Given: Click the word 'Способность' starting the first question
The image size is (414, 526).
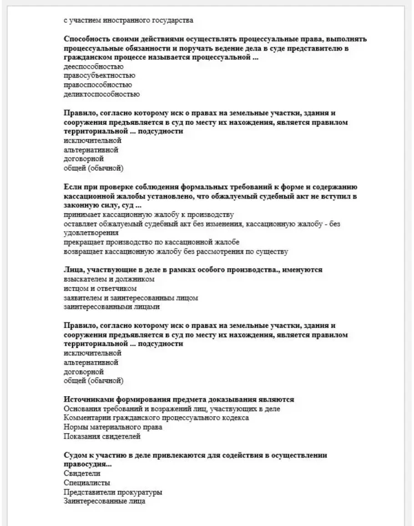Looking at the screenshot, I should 87,39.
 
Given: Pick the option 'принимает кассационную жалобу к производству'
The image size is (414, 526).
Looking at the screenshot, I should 149,214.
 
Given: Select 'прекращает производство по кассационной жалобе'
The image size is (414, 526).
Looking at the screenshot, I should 151,242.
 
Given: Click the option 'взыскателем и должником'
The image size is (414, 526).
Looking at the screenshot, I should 109,279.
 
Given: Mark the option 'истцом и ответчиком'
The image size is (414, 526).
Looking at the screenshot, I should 101,288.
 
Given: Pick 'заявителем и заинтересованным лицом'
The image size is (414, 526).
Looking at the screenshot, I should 131,298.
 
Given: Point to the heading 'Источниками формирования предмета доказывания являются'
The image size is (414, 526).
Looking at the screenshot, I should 179,399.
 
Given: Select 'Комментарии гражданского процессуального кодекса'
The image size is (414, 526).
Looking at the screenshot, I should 157,418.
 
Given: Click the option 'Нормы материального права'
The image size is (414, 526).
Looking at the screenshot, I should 113,427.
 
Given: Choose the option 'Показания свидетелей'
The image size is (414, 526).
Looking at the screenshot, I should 102,437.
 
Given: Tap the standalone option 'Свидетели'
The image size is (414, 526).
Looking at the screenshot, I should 82,474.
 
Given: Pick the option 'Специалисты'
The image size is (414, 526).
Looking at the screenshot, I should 87,483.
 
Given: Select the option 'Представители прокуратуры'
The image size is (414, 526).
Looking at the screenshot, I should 113,492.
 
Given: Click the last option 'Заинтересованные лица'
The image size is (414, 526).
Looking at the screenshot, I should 105,501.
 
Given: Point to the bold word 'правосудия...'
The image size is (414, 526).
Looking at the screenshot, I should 88,464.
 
